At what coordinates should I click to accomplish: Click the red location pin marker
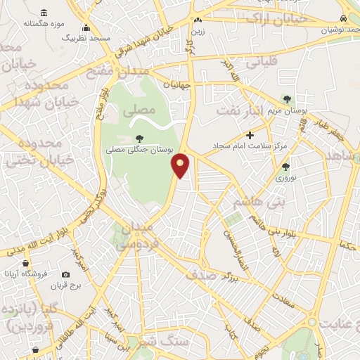tap(181, 165)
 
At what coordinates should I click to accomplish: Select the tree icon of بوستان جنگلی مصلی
tap(138, 138)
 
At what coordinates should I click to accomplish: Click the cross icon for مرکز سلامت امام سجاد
tap(249, 135)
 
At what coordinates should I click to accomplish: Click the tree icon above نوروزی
tap(285, 167)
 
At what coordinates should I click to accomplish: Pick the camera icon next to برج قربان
tap(65, 274)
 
